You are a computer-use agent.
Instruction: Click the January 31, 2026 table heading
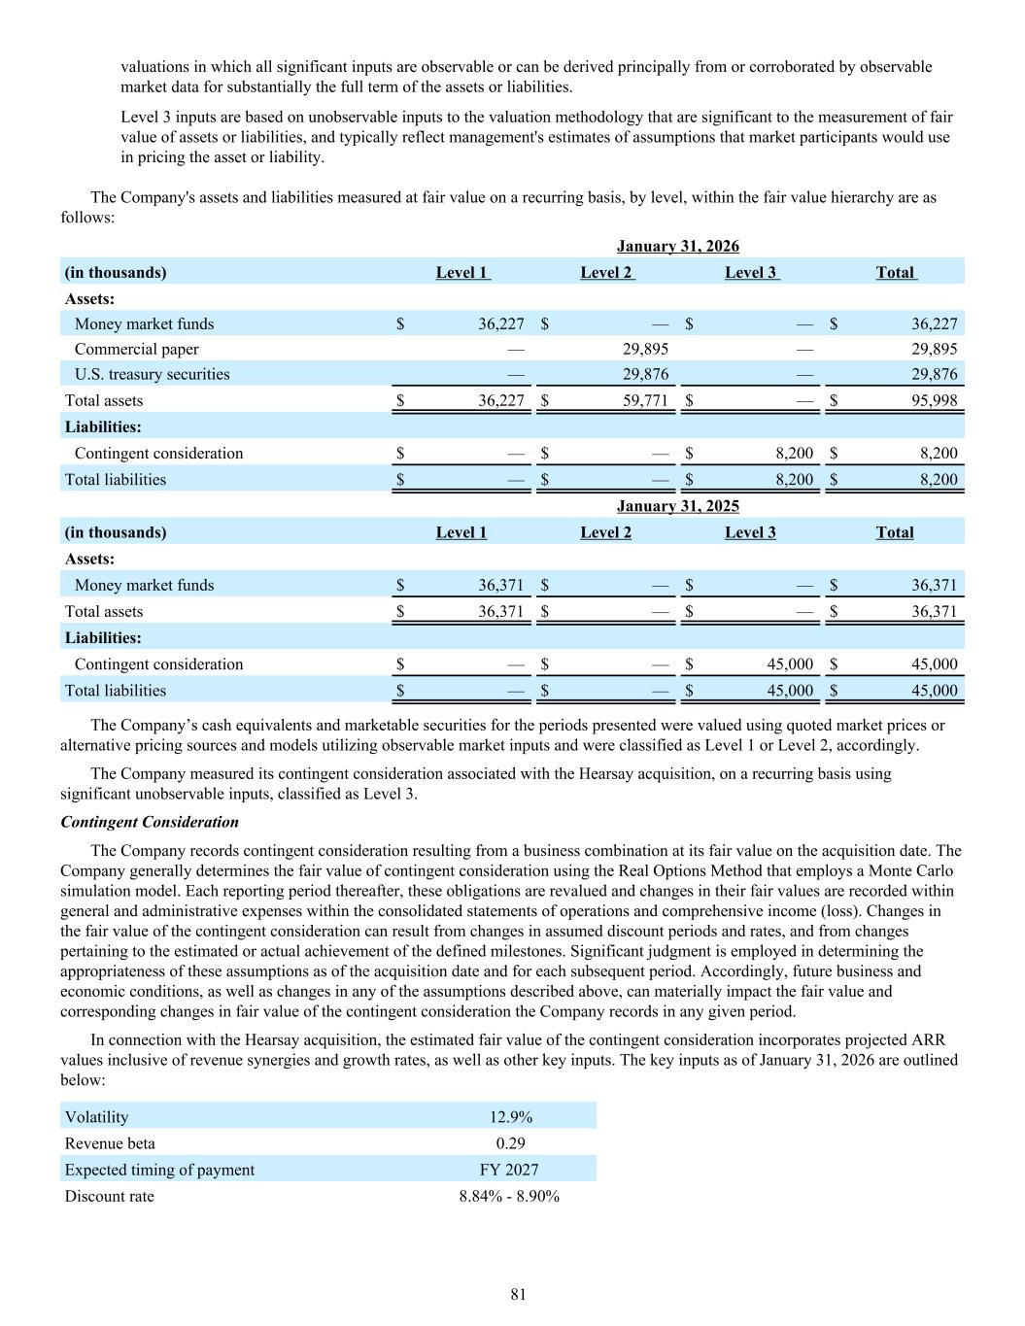[677, 246]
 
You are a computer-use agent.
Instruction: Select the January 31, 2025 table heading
[677, 505]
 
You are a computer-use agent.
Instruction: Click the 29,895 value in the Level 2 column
[644, 349]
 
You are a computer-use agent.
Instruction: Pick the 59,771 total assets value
[644, 400]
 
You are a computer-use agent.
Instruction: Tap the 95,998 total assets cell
[934, 400]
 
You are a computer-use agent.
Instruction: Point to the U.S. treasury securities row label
[152, 374]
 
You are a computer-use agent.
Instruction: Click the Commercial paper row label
[136, 349]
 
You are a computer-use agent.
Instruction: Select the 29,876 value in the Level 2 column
[644, 374]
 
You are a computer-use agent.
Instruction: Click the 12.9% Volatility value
[510, 1117]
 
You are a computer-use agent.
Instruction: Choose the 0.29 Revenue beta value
[510, 1143]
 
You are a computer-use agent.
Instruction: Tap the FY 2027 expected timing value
[509, 1170]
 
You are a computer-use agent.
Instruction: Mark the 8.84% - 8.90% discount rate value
[509, 1196]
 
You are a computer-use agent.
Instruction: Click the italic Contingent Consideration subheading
[150, 822]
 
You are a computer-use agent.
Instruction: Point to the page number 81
[518, 1294]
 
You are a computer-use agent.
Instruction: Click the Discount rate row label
[109, 1196]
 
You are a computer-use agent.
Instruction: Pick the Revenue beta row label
[110, 1143]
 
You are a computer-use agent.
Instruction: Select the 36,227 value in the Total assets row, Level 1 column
[500, 400]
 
